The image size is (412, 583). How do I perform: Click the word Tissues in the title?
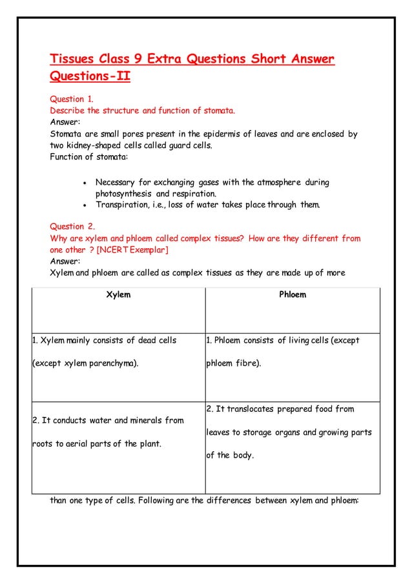coord(73,60)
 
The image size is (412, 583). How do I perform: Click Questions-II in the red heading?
coord(90,78)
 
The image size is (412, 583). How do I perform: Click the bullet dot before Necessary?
coord(85,183)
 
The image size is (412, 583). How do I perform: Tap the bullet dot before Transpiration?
coord(85,206)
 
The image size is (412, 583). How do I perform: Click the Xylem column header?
coord(118,295)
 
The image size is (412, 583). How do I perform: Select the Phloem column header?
coord(292,295)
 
